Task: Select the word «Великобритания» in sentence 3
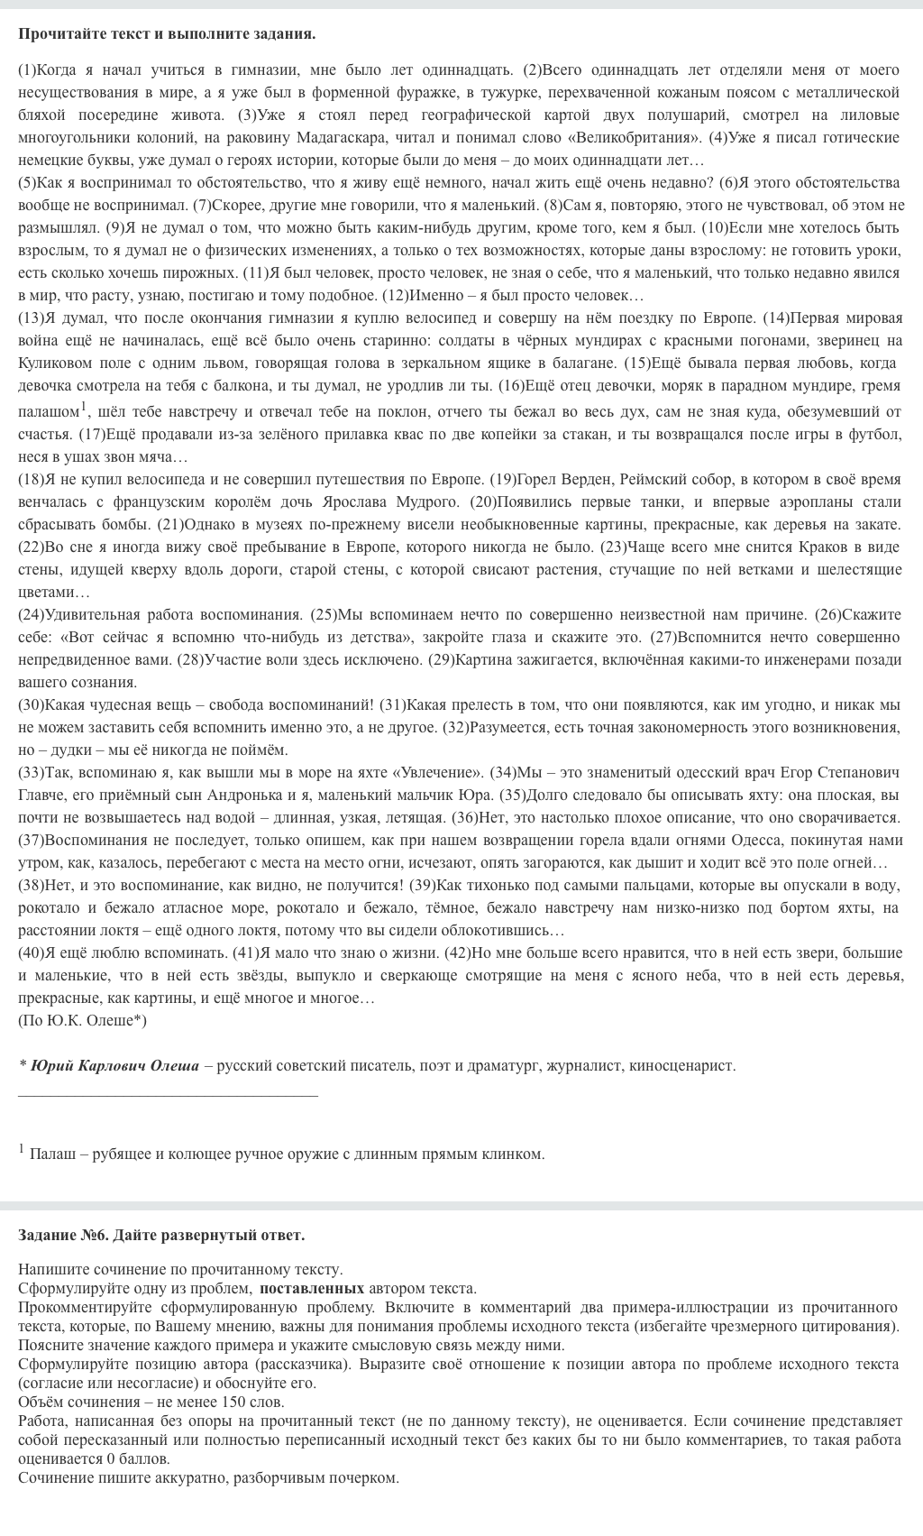[642, 137]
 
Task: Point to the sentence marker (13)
[31, 317]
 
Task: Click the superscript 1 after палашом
[83, 405]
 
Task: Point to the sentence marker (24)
[31, 614]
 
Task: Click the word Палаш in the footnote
[50, 1154]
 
